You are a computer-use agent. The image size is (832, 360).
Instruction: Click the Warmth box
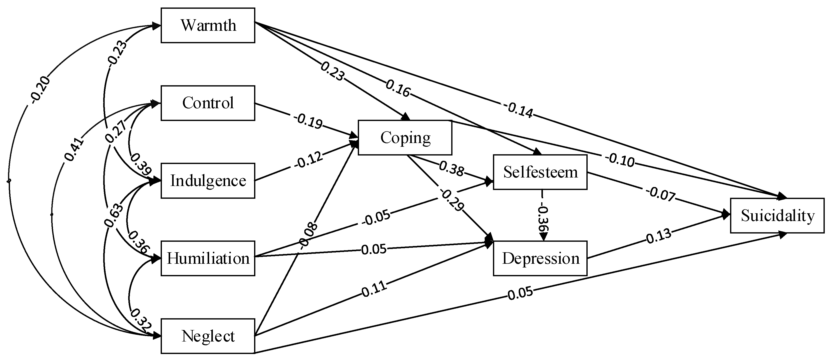208,25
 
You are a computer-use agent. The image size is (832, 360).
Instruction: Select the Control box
208,103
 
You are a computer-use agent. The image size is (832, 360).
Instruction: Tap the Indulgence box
208,181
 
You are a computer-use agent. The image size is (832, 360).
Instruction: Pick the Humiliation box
208,258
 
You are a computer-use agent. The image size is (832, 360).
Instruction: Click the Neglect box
208,336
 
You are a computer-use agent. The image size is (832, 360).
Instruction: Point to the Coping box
405,138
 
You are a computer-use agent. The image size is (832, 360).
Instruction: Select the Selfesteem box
540,172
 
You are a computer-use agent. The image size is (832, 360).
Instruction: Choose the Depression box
540,258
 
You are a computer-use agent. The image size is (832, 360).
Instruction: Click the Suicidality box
777,215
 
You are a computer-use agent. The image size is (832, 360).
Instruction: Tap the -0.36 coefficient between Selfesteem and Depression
543,218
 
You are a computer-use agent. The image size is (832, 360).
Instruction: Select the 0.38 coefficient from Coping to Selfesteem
451,169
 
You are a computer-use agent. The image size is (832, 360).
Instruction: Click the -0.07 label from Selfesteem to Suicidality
661,195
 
